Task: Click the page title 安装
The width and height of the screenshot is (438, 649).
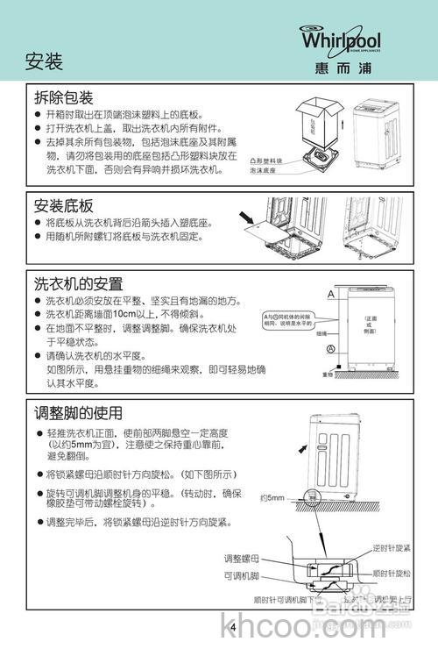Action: click(44, 62)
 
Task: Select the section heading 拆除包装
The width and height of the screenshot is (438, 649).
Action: click(63, 97)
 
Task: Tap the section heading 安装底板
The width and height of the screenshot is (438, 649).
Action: click(63, 206)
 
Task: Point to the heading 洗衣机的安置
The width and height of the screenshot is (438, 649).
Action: click(78, 285)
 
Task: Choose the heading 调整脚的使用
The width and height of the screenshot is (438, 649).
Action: click(78, 413)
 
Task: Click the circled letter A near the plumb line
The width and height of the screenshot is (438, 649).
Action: click(329, 349)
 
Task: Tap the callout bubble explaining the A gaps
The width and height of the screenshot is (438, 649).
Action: click(287, 319)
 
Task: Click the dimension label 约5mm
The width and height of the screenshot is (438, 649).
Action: click(272, 498)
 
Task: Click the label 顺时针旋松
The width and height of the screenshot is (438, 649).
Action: click(392, 573)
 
